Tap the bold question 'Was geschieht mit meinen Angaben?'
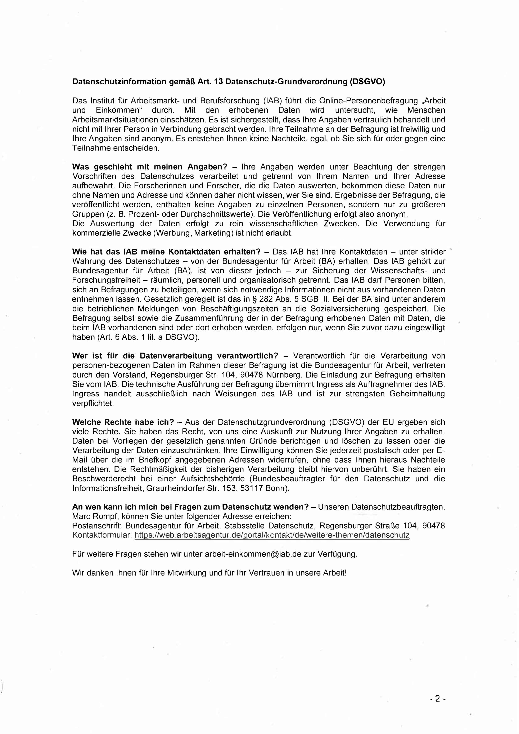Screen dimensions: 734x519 pyautogui.click(x=150, y=167)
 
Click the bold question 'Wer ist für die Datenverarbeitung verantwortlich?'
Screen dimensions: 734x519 pyautogui.click(x=175, y=356)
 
